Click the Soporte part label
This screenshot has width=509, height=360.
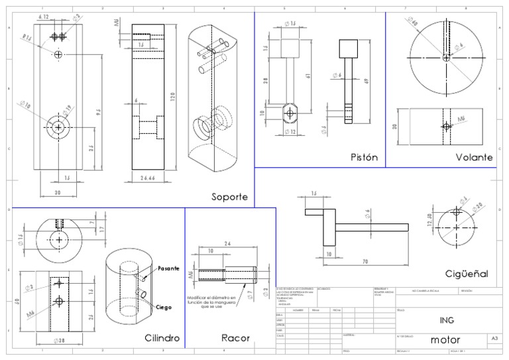coord(229,197)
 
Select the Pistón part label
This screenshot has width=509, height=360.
coord(364,158)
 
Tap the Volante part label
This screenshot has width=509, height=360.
coord(474,158)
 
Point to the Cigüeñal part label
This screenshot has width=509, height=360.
coord(467,273)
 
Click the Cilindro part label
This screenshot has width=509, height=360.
coord(162,338)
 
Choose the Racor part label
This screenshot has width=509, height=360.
coord(235,338)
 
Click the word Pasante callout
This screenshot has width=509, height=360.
coord(168,269)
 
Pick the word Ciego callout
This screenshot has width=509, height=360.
coord(165,308)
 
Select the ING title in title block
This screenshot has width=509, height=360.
coord(447,319)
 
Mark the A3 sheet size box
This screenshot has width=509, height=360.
coord(494,338)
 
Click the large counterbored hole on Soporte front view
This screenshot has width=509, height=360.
coord(59,127)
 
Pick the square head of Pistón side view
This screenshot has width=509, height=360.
coord(348,48)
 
